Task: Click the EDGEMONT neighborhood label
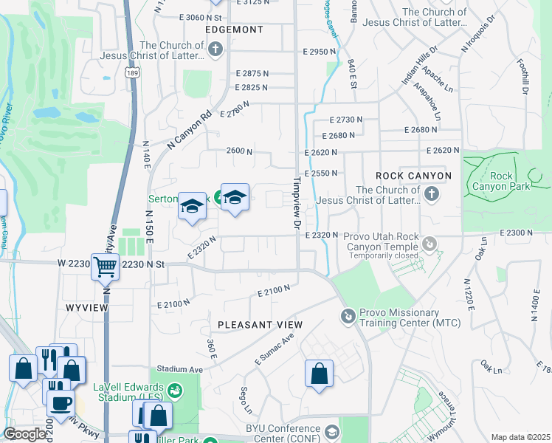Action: [234, 30]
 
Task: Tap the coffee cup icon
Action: [61, 402]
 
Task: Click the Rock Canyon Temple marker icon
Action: [431, 243]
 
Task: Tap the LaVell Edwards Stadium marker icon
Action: [175, 389]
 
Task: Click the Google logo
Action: [24, 434]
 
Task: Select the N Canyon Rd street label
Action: [190, 129]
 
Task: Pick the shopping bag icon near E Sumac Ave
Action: [319, 373]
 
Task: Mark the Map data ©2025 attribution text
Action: [520, 437]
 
